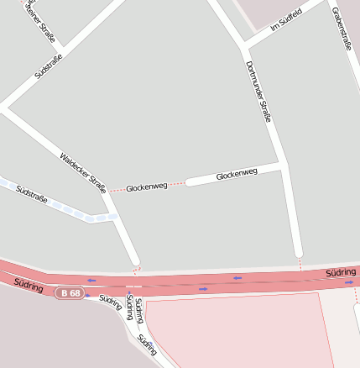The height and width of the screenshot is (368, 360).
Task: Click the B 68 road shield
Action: (x=70, y=292)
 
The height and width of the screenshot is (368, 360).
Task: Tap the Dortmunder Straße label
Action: (x=258, y=92)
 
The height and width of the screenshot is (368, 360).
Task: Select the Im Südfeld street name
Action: (x=285, y=26)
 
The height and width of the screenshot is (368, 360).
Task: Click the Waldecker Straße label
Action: (x=83, y=172)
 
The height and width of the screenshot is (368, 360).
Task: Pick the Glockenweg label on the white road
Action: (x=237, y=175)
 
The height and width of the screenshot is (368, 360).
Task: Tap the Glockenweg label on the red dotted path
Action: (x=147, y=187)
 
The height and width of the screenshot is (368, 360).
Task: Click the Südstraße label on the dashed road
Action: (x=32, y=195)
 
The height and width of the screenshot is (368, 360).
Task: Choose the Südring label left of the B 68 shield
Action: (x=29, y=287)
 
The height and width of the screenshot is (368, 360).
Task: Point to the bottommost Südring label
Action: (x=148, y=344)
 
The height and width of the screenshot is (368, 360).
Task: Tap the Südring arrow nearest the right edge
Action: (x=349, y=283)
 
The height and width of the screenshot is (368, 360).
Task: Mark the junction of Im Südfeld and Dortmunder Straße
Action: (x=242, y=44)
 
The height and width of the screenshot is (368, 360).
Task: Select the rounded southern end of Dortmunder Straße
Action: (x=297, y=251)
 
